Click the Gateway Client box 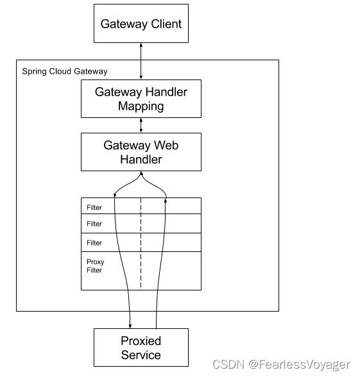141,24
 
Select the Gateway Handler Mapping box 141,99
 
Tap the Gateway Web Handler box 141,152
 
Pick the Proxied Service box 141,348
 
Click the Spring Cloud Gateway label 65,71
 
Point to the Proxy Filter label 95,266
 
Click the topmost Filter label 94,208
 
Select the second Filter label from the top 94,224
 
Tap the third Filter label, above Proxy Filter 94,243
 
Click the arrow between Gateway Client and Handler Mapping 141,62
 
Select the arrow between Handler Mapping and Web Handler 141,125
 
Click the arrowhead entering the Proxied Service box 130,326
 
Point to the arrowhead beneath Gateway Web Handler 141,173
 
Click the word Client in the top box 166,24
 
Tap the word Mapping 141,106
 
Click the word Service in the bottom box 141,355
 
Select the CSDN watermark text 228,364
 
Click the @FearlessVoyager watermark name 299,365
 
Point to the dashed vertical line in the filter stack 141,244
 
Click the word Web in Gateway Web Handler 166,145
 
